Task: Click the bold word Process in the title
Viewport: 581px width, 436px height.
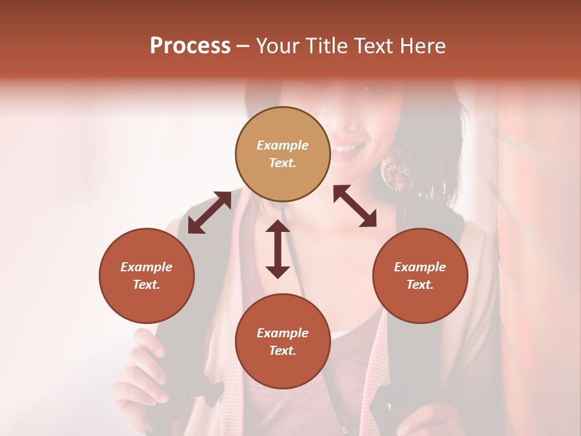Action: pyautogui.click(x=190, y=46)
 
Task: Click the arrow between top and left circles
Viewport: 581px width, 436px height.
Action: pyautogui.click(x=209, y=213)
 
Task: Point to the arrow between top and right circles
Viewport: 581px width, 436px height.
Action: pyautogui.click(x=355, y=206)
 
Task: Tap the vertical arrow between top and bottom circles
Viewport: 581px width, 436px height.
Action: pyautogui.click(x=278, y=249)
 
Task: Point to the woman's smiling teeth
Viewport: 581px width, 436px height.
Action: pyautogui.click(x=347, y=148)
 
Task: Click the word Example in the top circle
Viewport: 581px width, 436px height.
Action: pyautogui.click(x=283, y=145)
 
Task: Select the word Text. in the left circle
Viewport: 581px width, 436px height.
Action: pyautogui.click(x=146, y=285)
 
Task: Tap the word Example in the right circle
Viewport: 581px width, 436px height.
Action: pyautogui.click(x=420, y=267)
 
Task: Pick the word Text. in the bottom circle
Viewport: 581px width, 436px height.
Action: pyautogui.click(x=283, y=351)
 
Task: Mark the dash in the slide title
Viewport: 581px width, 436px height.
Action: pyautogui.click(x=243, y=47)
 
